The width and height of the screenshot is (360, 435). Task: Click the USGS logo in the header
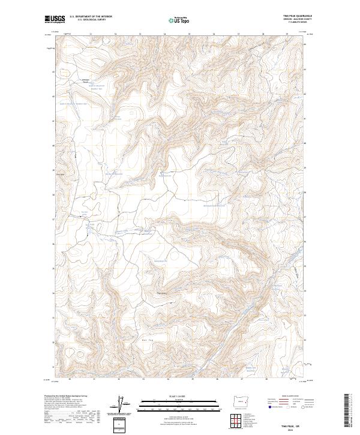coord(55,19)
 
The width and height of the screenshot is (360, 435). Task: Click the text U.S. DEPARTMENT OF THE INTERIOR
coord(91,17)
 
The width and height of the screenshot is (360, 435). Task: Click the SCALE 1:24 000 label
coord(171,395)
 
